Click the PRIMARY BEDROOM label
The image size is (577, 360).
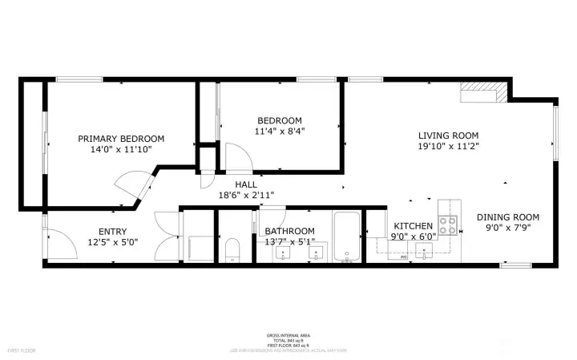click(x=121, y=139)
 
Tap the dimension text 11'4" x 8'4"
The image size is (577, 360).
click(x=280, y=131)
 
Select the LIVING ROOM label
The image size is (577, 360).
click(x=448, y=136)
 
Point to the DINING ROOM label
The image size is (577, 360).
click(x=508, y=217)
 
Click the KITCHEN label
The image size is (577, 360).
click(x=413, y=227)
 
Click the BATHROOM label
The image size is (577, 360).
click(x=289, y=232)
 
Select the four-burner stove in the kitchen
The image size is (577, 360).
click(x=447, y=226)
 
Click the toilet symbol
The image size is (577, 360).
click(x=232, y=250)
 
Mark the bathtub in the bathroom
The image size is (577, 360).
click(x=348, y=237)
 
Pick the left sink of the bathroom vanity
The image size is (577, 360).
click(x=284, y=254)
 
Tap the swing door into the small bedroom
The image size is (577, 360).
click(x=236, y=156)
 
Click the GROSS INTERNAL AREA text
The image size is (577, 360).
click(x=288, y=335)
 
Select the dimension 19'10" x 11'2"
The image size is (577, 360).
click(x=448, y=147)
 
